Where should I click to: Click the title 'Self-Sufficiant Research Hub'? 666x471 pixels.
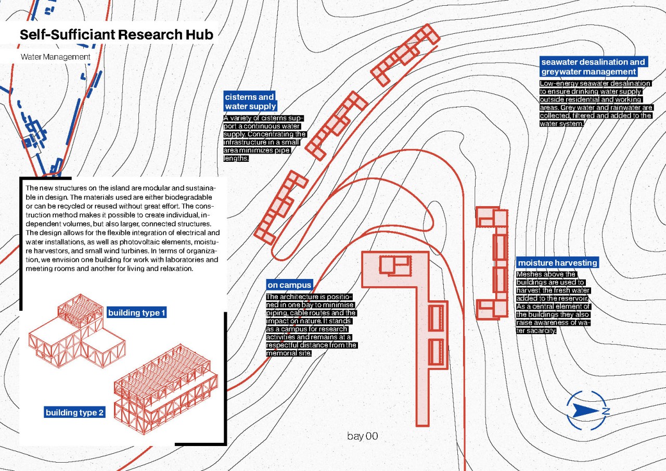coord(117,35)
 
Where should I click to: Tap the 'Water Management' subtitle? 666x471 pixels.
coord(55,57)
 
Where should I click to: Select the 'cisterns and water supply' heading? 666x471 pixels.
coord(250,101)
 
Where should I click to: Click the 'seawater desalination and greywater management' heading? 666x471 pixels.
coord(593,67)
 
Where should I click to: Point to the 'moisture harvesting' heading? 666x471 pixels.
coord(557,262)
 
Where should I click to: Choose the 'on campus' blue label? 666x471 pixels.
coord(289,285)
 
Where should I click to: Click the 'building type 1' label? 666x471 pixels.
coord(137,313)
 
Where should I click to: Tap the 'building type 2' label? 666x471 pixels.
coord(75,413)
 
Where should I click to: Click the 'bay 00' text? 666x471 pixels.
coord(362,436)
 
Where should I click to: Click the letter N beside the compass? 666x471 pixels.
coord(605,411)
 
